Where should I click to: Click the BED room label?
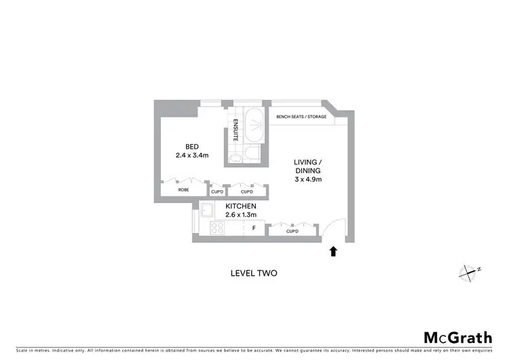pos(192,147)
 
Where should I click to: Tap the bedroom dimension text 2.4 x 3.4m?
pos(192,156)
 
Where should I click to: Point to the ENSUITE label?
pos(235,130)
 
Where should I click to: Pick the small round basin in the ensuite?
pos(235,158)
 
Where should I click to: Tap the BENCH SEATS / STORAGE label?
pos(301,117)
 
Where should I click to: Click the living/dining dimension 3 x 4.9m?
pos(307,179)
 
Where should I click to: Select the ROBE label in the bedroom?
pos(183,190)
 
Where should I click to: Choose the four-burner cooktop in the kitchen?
pos(219,229)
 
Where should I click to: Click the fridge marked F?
pos(253,229)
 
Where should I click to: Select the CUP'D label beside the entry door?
pos(293,232)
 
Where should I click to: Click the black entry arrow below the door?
pos(333,252)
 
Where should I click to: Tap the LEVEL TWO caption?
pos(254,273)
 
